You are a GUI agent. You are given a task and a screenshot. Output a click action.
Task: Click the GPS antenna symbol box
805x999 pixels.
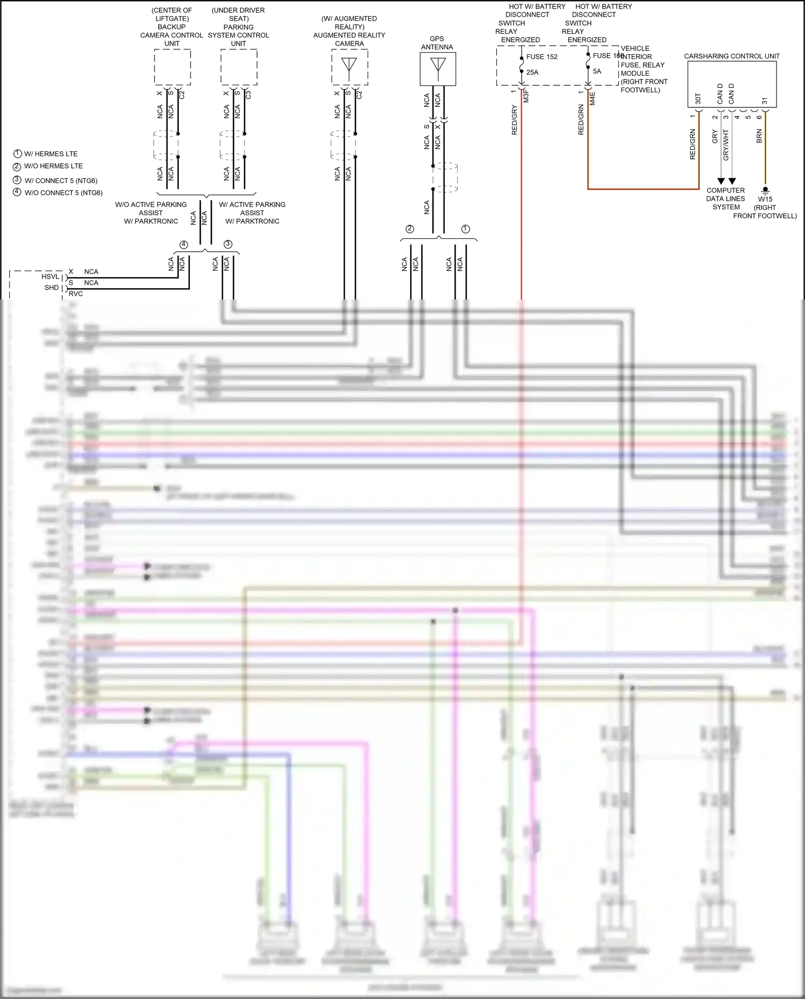coord(438,69)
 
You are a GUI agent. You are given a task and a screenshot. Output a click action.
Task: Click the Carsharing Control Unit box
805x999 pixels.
coord(731,84)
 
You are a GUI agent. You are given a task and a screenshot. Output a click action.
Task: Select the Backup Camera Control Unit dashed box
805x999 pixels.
coord(172,67)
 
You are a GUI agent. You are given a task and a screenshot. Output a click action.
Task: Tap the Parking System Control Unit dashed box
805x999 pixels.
coord(239,67)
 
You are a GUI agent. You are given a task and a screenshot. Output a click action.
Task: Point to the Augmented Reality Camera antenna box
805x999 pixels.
coord(349,67)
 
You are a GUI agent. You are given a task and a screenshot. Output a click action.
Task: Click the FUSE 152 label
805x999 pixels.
coord(541,57)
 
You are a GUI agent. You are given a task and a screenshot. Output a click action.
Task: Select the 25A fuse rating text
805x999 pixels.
coord(532,72)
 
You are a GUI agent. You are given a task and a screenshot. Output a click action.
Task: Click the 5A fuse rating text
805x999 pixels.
coord(597,71)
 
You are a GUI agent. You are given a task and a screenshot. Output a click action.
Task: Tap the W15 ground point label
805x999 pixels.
coord(765,199)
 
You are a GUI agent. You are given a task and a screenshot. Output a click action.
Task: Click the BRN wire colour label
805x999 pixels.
coord(759,136)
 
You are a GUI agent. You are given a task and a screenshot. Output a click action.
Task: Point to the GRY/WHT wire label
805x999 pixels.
coord(726,144)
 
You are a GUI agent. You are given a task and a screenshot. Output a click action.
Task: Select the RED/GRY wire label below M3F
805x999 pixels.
coord(515,120)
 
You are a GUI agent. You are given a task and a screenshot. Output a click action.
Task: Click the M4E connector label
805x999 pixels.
coord(592,98)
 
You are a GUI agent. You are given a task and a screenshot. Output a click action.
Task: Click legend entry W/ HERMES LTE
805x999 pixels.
coord(50,154)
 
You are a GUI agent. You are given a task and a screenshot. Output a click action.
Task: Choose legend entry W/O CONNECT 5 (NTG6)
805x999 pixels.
coord(63,193)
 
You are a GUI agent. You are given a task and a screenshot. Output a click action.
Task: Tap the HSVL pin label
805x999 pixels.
coord(50,276)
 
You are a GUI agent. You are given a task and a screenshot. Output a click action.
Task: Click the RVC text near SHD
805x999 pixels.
coord(76,294)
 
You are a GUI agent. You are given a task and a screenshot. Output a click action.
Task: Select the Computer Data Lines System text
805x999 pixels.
coord(726,199)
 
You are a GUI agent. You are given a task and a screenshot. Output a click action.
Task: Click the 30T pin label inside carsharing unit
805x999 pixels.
coord(698,99)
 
